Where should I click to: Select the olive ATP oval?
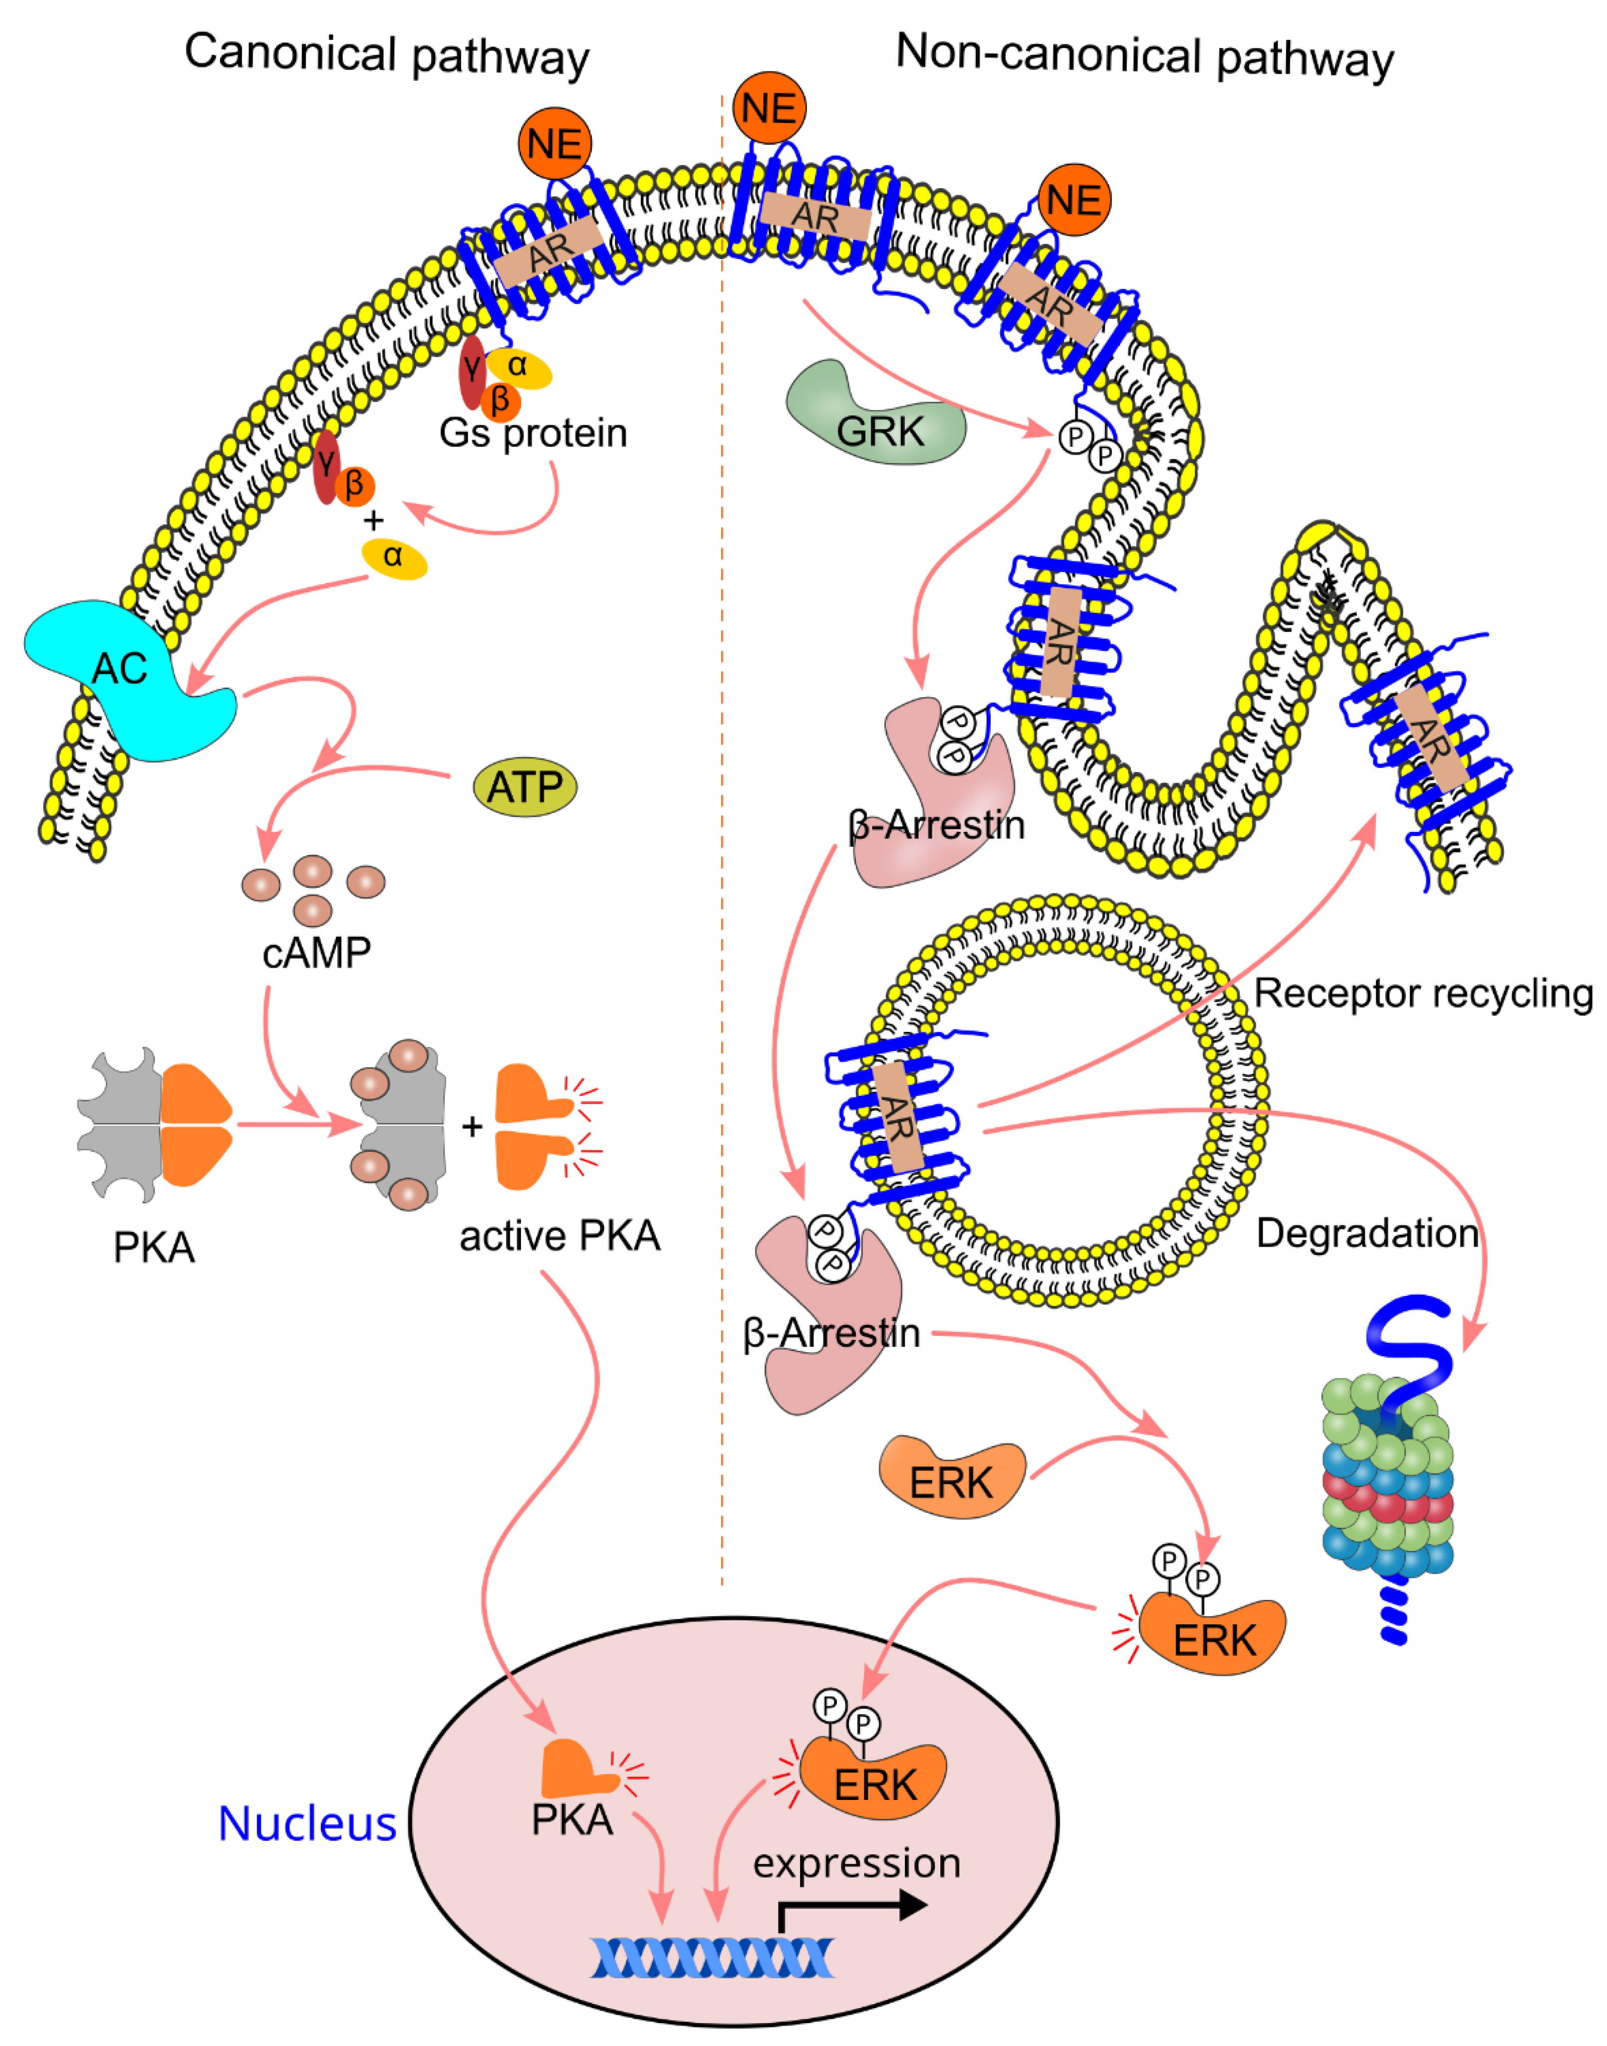pos(524,786)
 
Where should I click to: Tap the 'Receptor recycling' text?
pos(1422,994)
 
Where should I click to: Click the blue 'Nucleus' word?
pos(307,1823)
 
